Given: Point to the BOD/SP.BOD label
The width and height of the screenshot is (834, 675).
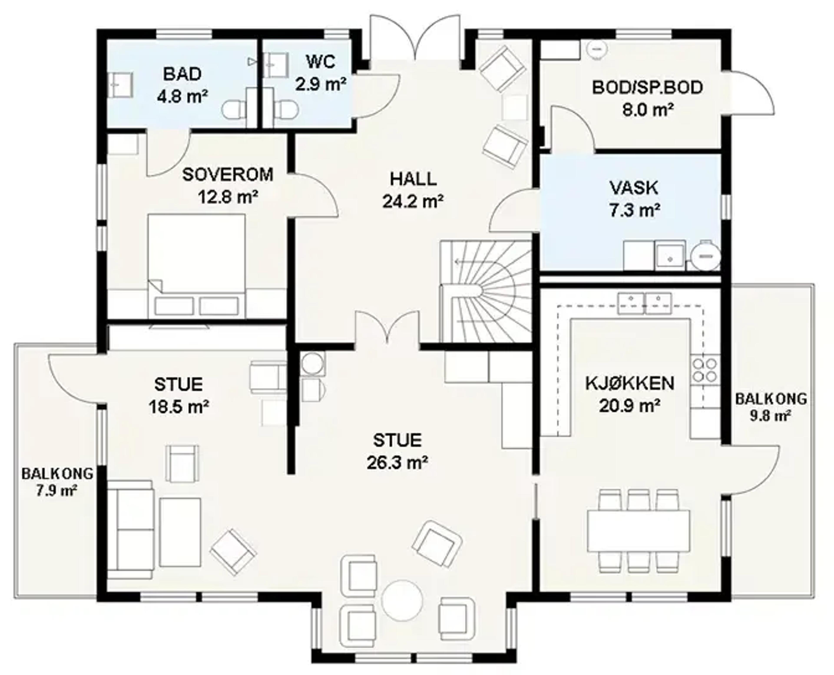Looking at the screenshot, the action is (647, 87).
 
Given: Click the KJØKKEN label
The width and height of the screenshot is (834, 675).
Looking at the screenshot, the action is (630, 383).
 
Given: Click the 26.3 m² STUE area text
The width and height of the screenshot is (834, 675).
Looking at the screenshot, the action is (397, 463).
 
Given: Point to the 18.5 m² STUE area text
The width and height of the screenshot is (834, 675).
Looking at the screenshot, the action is (179, 407).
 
